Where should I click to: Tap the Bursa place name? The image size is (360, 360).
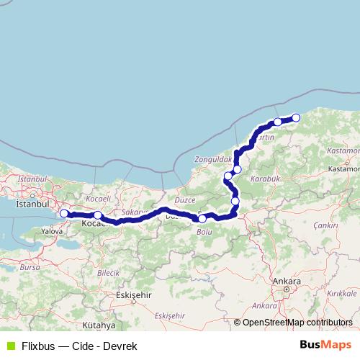tap(30, 266)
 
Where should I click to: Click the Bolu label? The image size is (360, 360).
tap(204, 232)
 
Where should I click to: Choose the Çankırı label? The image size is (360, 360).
tap(325, 225)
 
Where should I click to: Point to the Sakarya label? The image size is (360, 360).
tap(134, 212)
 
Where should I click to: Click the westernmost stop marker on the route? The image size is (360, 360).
tap(64, 213)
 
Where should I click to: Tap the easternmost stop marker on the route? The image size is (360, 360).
tap(295, 118)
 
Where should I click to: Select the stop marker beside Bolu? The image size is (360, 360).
tap(202, 218)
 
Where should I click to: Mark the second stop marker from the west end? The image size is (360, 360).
tap(98, 215)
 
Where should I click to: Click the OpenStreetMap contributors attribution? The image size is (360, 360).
tap(297, 323)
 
